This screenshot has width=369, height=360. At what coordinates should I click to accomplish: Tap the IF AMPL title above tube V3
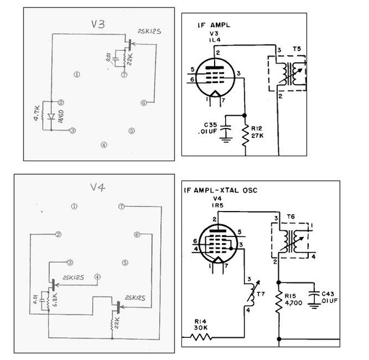[x=209, y=26]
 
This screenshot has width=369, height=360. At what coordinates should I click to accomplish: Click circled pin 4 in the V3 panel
[x=104, y=145]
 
